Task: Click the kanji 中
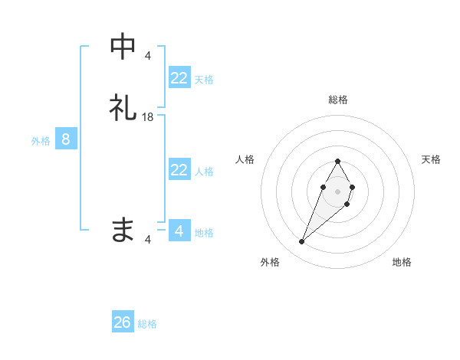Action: (123, 47)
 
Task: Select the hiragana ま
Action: (123, 229)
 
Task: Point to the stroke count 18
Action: (148, 116)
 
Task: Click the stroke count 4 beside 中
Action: (148, 55)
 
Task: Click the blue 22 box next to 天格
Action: (179, 78)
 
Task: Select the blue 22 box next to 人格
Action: (179, 170)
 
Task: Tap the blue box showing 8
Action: (66, 139)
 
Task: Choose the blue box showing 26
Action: (123, 322)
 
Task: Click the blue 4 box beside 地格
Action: (179, 231)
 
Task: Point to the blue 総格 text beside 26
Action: (147, 324)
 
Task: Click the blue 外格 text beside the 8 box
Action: (41, 141)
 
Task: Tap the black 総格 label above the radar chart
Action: (337, 100)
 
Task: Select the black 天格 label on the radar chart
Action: (431, 159)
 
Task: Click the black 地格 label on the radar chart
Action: (402, 263)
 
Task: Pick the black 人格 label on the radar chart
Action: (245, 159)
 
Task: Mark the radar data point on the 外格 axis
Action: (301, 242)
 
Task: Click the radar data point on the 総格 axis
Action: (337, 161)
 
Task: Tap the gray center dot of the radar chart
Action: (337, 191)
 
